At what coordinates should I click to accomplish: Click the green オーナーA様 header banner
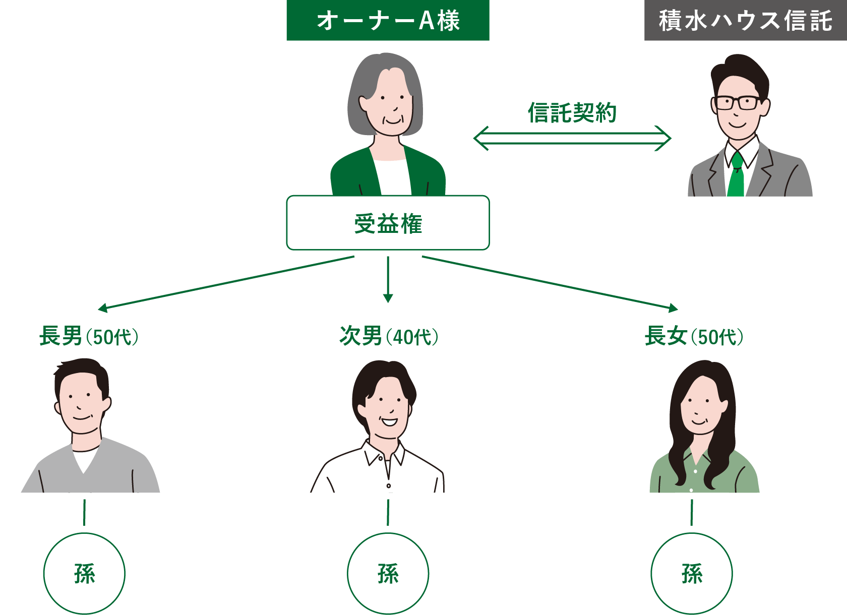point(388,20)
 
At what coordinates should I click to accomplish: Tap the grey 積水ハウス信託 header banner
point(745,20)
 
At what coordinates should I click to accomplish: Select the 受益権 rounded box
point(388,223)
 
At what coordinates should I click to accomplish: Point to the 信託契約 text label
point(572,112)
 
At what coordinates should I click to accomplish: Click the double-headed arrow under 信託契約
point(572,138)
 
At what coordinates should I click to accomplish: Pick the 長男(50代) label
point(89,336)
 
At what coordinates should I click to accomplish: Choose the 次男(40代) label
point(389,336)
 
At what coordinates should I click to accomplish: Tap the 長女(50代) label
point(694,336)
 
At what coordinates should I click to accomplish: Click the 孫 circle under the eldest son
point(84,574)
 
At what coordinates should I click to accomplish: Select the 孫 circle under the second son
point(388,574)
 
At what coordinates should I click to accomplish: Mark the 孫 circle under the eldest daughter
point(692,574)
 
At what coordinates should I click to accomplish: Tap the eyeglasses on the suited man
point(738,103)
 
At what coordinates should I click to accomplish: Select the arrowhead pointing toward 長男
point(103,307)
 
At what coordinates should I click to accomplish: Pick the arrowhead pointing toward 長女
point(673,307)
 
